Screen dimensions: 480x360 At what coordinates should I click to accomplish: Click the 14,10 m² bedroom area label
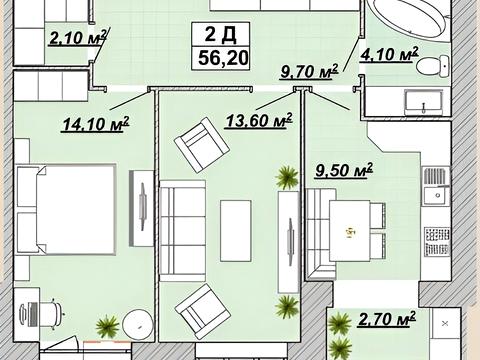pyautogui.click(x=96, y=124)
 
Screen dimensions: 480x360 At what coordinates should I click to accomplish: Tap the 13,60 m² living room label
pyautogui.click(x=259, y=120)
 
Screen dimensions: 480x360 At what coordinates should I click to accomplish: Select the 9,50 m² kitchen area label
pyautogui.click(x=344, y=170)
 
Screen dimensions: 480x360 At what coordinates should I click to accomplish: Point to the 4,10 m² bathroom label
pyautogui.click(x=389, y=54)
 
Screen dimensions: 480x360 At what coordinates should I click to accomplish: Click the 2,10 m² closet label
pyautogui.click(x=78, y=37)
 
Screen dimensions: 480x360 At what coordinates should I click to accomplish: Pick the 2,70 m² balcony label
pyautogui.click(x=387, y=319)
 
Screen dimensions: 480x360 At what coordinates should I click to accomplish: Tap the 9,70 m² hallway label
pyautogui.click(x=309, y=71)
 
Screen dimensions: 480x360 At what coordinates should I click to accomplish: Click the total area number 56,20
pyautogui.click(x=223, y=58)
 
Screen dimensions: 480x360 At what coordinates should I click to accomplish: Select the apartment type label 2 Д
pyautogui.click(x=221, y=34)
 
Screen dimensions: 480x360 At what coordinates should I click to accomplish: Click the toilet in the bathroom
pyautogui.click(x=433, y=66)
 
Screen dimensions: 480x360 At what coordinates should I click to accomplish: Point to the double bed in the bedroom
pyautogui.click(x=66, y=210)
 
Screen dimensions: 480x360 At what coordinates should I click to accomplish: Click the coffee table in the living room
pyautogui.click(x=236, y=231)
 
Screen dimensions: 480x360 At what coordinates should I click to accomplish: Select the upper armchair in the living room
pyautogui.click(x=202, y=145)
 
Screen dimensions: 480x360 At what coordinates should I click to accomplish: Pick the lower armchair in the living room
pyautogui.click(x=203, y=311)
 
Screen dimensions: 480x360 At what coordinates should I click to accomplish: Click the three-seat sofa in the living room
pyautogui.click(x=182, y=231)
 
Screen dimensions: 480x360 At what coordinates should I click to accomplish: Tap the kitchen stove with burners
pyautogui.click(x=437, y=242)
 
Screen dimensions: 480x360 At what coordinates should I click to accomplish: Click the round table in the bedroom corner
pyautogui.click(x=137, y=324)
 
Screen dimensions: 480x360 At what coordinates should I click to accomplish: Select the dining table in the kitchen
pyautogui.click(x=350, y=231)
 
